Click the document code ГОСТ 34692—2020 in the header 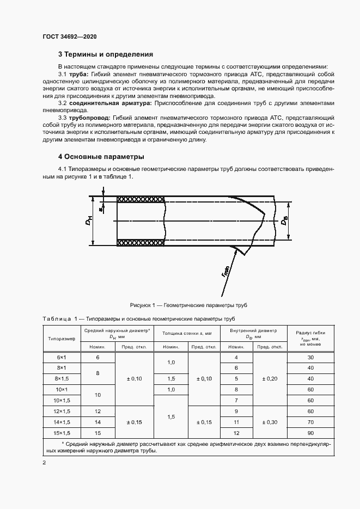70,37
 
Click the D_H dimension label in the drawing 91,221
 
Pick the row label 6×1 62,358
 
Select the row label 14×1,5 62,421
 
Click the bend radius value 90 311,432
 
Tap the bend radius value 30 311,358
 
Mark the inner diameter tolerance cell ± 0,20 270,378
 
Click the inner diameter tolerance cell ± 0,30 270,421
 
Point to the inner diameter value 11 236,421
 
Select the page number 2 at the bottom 44,463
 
